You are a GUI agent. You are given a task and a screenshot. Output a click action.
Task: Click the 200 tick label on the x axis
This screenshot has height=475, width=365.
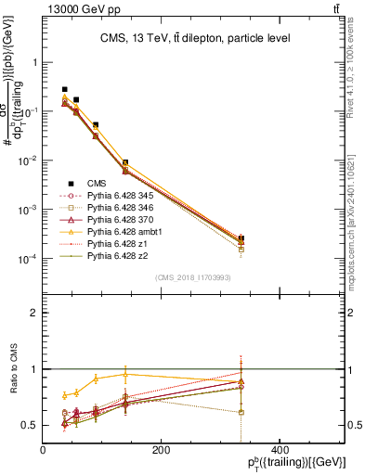[x=161, y=450]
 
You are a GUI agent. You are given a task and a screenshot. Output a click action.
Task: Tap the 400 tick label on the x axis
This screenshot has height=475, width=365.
[x=279, y=450]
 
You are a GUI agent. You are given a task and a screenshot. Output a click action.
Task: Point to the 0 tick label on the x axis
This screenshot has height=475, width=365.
[x=43, y=450]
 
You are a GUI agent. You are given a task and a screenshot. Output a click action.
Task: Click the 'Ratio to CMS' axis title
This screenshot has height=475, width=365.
[x=12, y=369]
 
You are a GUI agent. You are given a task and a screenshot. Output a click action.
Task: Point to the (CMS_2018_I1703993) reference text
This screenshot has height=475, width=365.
[x=193, y=278]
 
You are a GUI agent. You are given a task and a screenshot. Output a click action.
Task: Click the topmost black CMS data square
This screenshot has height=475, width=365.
[x=65, y=89]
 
